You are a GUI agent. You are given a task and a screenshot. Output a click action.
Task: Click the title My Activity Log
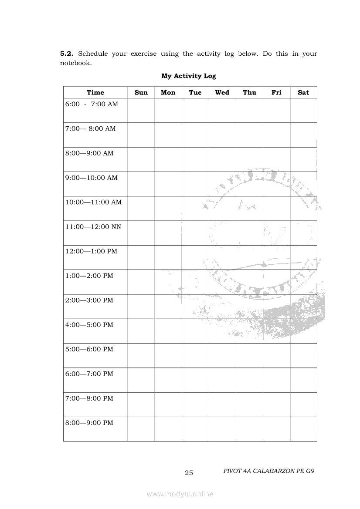[188, 76]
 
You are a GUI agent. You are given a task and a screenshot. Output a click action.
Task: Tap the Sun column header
[141, 92]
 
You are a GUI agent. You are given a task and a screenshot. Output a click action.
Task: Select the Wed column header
[222, 92]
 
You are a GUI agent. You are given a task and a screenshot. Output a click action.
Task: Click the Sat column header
[303, 92]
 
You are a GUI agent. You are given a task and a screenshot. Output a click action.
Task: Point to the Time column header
[95, 92]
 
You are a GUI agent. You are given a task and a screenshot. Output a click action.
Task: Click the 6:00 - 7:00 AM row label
[92, 104]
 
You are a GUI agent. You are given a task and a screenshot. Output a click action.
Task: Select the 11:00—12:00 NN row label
[93, 227]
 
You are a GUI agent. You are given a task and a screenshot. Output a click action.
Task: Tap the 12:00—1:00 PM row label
[91, 251]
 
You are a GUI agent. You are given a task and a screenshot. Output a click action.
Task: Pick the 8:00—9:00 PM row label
[89, 423]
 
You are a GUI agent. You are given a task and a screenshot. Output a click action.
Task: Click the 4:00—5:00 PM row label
[89, 325]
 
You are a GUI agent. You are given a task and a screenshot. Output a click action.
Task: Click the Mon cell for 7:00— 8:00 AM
[168, 135]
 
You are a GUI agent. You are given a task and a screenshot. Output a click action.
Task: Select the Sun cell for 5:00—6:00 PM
[141, 355]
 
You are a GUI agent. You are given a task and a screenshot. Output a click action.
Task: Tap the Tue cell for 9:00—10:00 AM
[195, 184]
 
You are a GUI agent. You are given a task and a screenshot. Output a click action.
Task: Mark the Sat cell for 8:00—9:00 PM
[303, 429]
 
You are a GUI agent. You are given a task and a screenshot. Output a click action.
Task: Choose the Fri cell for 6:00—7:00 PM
[276, 380]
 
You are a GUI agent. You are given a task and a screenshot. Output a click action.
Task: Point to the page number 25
[189, 473]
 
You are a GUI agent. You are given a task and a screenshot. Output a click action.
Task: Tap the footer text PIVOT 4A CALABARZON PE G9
[268, 471]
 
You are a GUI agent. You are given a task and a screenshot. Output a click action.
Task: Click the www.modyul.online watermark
[180, 494]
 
